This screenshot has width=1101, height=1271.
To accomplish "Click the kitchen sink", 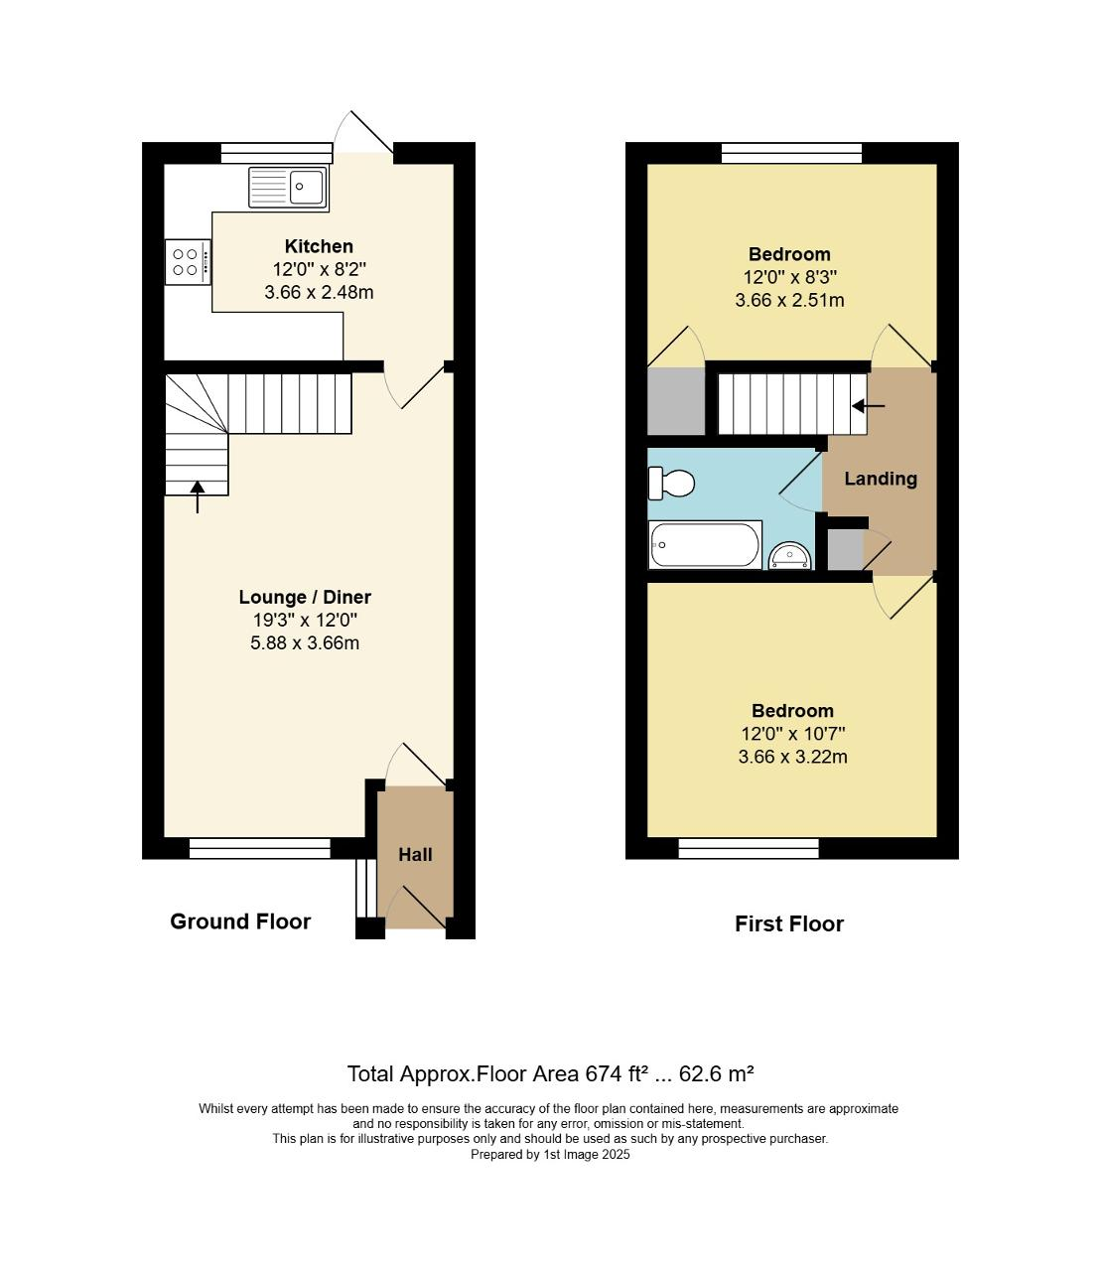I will [287, 187].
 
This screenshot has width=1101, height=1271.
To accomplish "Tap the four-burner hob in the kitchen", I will [187, 261].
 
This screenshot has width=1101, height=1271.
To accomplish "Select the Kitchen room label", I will [319, 246].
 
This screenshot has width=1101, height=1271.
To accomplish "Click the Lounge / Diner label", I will [305, 597].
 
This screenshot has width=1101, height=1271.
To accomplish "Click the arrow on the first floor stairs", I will [869, 406].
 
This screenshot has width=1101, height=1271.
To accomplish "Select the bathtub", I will [705, 545].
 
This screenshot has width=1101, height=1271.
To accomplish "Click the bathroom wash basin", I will [790, 554].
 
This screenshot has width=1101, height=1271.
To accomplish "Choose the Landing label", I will [881, 479].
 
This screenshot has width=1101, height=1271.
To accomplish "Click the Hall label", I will [415, 854].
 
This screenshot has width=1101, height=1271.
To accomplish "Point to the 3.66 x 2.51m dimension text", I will [789, 300].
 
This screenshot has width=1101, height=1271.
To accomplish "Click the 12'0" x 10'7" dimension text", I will [792, 734].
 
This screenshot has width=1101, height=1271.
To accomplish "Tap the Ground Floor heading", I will [240, 921].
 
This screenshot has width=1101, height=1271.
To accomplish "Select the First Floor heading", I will [788, 923].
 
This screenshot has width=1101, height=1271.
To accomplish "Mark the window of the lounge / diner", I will [259, 848].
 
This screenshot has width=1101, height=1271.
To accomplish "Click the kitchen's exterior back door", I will [364, 135].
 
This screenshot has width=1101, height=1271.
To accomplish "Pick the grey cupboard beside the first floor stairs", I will [675, 401].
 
